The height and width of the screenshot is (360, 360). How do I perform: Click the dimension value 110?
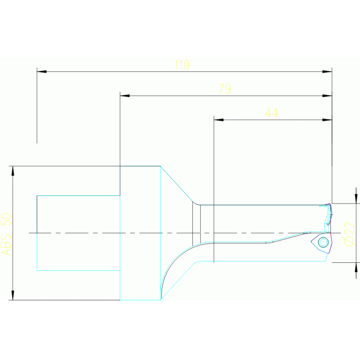click(182, 65)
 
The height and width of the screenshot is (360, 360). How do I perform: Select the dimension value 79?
click(225, 89)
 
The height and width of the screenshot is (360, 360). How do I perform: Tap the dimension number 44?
click(271, 113)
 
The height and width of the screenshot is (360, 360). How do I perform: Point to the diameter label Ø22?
click(349, 233)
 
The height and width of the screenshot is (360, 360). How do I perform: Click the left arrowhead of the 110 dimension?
click(41, 72)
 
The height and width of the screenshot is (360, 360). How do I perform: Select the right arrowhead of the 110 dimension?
click(327, 72)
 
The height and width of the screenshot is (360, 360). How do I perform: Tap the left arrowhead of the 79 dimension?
click(124, 96)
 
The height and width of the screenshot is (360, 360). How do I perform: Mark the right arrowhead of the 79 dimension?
click(327, 96)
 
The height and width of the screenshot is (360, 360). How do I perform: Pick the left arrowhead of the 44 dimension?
click(218, 120)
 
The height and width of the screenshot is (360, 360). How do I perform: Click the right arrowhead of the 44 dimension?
click(327, 120)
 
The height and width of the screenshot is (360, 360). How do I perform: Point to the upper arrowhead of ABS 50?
click(13, 171)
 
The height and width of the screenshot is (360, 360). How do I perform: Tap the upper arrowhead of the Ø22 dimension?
click(356, 198)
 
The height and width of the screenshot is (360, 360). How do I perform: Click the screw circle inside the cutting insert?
click(323, 242)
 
